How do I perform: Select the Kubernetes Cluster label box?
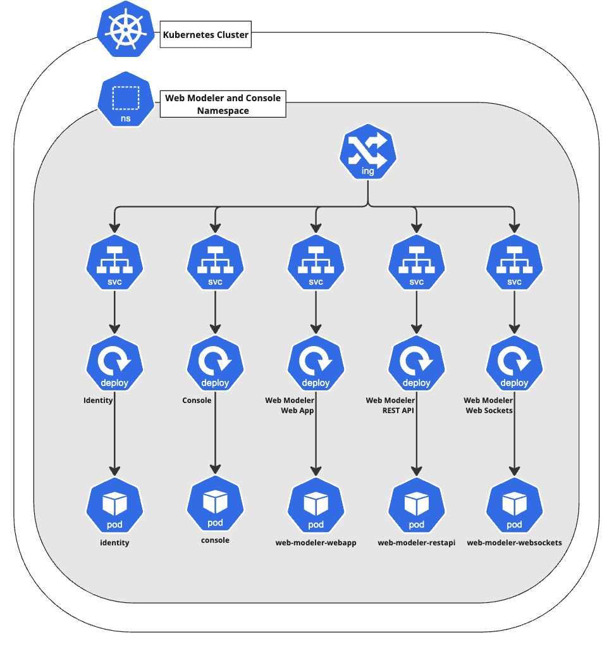(x=206, y=35)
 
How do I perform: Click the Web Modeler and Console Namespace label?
(x=223, y=104)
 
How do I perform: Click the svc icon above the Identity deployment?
(x=114, y=262)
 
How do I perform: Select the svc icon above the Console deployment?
(x=215, y=262)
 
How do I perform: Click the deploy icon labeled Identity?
(x=114, y=363)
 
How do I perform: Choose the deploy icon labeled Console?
(x=215, y=363)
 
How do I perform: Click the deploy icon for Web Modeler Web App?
(x=316, y=363)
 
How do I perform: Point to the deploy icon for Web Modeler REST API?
(x=416, y=363)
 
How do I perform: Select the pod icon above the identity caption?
(x=114, y=505)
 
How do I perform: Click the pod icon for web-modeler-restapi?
(x=416, y=505)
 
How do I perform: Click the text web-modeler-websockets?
(x=514, y=543)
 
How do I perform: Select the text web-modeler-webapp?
(x=316, y=543)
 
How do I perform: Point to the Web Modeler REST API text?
(x=391, y=406)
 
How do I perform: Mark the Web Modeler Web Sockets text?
(x=488, y=406)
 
